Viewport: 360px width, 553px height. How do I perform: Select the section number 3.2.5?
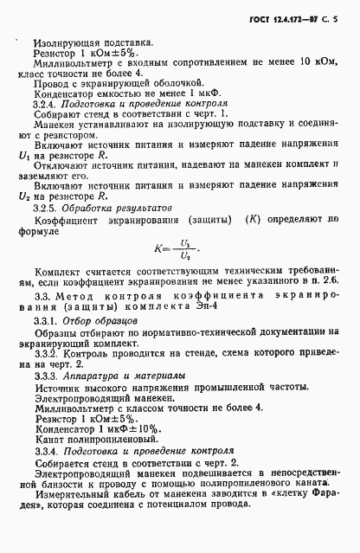pyautogui.click(x=44, y=233)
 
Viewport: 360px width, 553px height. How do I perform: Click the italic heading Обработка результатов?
pyautogui.click(x=117, y=233)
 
